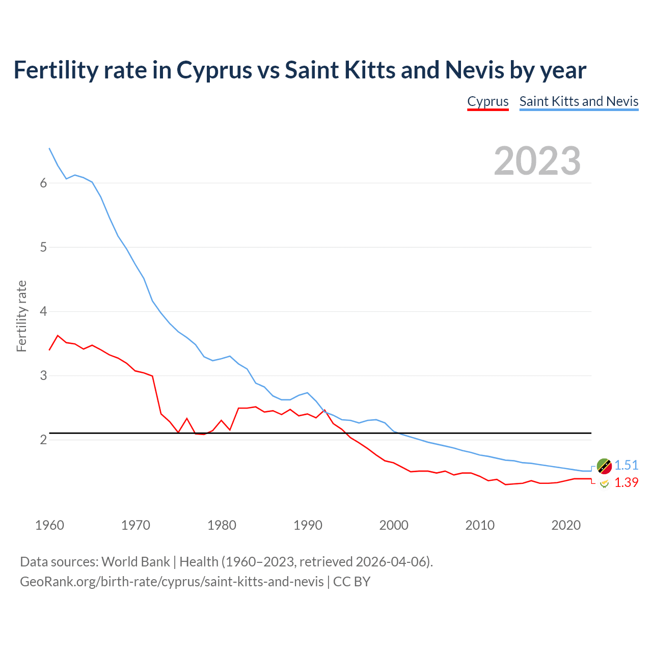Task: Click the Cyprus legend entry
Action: pyautogui.click(x=488, y=101)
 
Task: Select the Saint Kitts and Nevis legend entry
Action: pyautogui.click(x=579, y=101)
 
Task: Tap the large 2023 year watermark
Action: pyautogui.click(x=537, y=161)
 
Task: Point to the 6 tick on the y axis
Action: pyautogui.click(x=43, y=183)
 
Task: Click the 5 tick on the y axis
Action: pyautogui.click(x=43, y=248)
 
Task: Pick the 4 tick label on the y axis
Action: pyautogui.click(x=43, y=312)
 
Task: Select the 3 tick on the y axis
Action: pyautogui.click(x=43, y=376)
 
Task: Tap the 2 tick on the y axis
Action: pyautogui.click(x=43, y=440)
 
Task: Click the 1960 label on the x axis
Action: pyautogui.click(x=49, y=525)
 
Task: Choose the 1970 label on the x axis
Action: pyautogui.click(x=135, y=525)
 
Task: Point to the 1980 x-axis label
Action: pyautogui.click(x=222, y=525)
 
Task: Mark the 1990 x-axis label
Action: pyautogui.click(x=308, y=525)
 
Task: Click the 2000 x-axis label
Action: pyautogui.click(x=394, y=525)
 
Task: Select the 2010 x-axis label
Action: pyautogui.click(x=480, y=525)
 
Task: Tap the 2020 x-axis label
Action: pyautogui.click(x=566, y=525)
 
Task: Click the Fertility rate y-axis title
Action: pyautogui.click(x=21, y=316)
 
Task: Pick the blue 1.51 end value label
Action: pyautogui.click(x=626, y=465)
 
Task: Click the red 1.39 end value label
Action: pyautogui.click(x=626, y=482)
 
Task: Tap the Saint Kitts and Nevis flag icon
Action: pyautogui.click(x=604, y=466)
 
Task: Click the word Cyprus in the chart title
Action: pyautogui.click(x=214, y=70)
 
